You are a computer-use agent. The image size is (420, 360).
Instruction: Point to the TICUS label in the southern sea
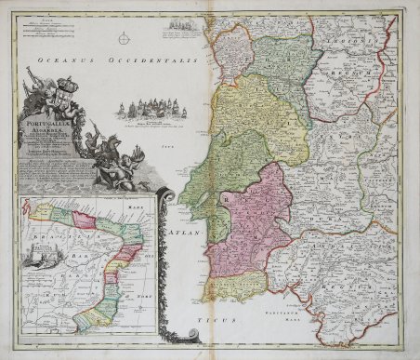(x=190, y=319)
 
